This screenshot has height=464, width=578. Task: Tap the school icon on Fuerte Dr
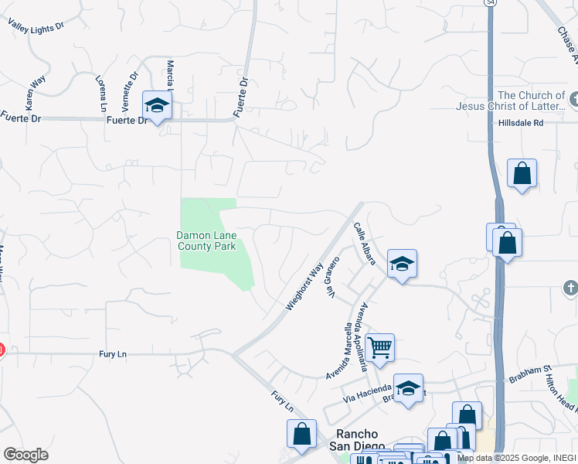(x=157, y=107)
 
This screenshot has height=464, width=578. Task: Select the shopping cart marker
(x=379, y=347)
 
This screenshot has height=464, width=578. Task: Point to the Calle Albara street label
(x=364, y=244)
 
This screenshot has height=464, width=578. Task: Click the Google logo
(x=25, y=455)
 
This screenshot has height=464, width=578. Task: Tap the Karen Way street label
(x=34, y=92)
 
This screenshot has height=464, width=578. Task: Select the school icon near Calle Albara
(x=402, y=264)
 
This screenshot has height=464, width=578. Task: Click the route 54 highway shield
(x=491, y=3)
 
